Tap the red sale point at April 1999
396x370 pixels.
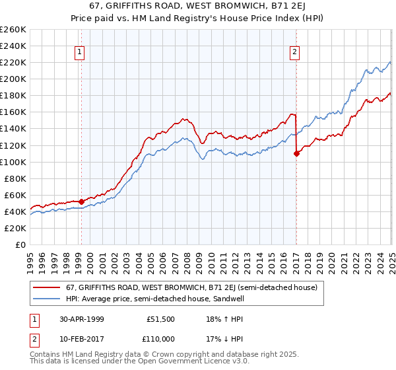click(81, 202)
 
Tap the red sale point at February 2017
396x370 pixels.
click(296, 153)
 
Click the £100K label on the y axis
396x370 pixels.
click(13, 162)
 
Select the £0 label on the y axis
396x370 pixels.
click(20, 245)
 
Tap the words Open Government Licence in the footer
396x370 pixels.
click(185, 363)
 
